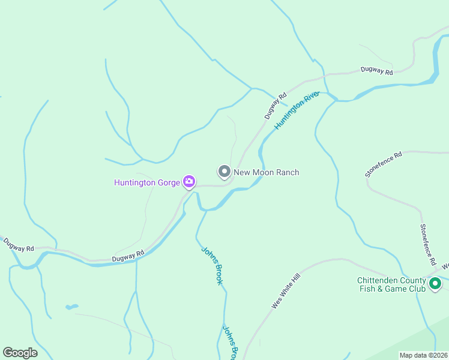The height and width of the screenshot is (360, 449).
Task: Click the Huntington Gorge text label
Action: (147, 181)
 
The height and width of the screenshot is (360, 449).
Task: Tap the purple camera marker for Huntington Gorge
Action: (189, 181)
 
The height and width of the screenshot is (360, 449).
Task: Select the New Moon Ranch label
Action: (266, 172)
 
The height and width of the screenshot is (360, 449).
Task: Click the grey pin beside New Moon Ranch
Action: (224, 172)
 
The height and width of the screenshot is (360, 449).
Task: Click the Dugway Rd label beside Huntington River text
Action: (276, 105)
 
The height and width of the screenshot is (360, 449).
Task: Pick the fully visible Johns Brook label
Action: (211, 265)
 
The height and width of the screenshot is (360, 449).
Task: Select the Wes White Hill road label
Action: (285, 289)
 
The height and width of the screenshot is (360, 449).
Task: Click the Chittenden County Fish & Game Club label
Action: (391, 284)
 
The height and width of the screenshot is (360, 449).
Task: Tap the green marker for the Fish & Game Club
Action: (435, 283)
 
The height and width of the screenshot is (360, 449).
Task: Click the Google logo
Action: (20, 353)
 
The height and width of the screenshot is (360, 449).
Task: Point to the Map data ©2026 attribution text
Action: (424, 355)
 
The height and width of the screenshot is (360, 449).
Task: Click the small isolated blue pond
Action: (71, 307)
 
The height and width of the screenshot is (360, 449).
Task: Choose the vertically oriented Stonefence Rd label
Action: (427, 245)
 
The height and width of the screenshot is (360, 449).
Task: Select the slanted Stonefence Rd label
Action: (383, 165)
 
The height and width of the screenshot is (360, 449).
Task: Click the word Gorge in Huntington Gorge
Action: (167, 181)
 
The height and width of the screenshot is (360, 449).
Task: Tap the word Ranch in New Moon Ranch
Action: (286, 172)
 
